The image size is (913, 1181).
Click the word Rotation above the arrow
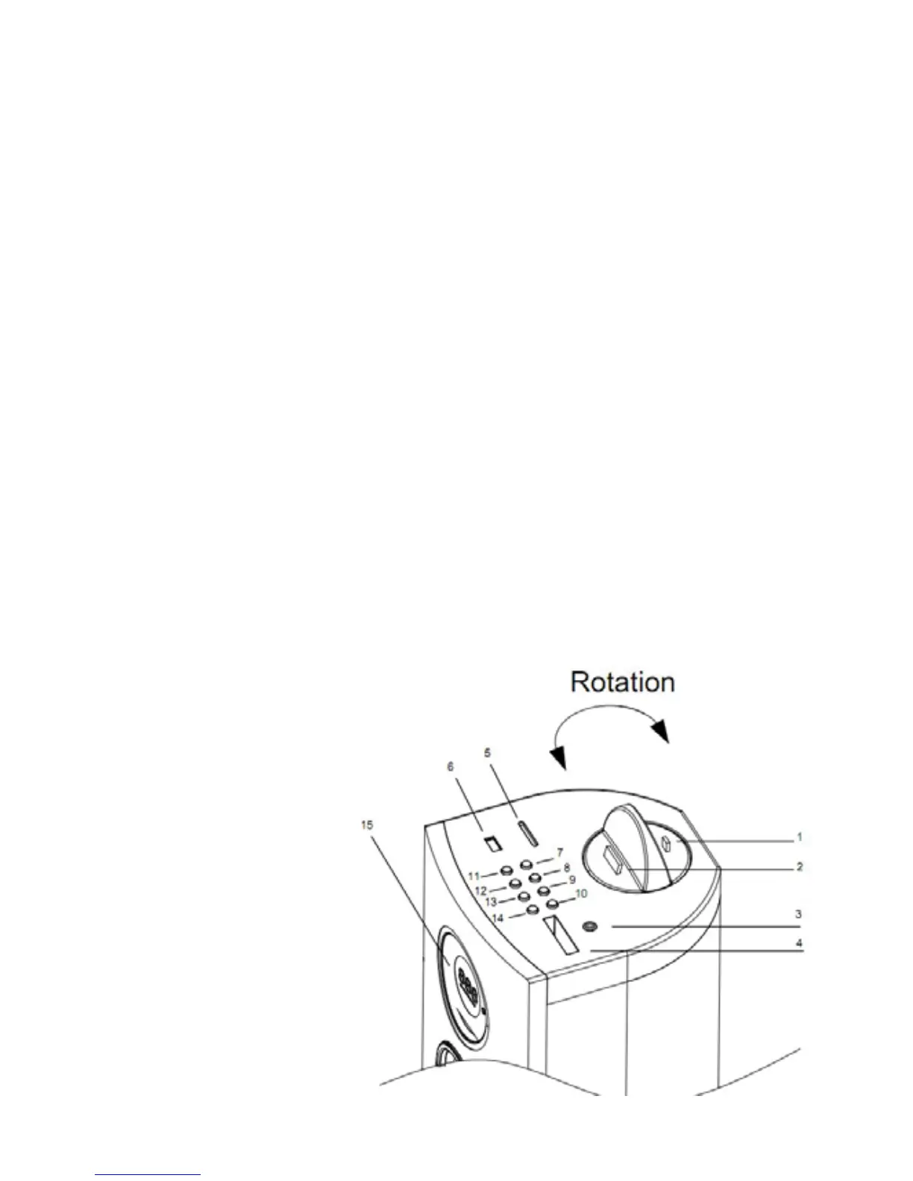pyautogui.click(x=623, y=682)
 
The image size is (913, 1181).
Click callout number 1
pyautogui.click(x=799, y=837)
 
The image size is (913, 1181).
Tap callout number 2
pyautogui.click(x=799, y=867)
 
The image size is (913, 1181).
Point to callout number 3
pyautogui.click(x=799, y=913)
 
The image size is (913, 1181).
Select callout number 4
pyautogui.click(x=799, y=943)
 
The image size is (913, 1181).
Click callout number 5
pyautogui.click(x=488, y=753)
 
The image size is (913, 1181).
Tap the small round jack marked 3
pyautogui.click(x=589, y=927)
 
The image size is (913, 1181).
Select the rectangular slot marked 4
pyautogui.click(x=561, y=936)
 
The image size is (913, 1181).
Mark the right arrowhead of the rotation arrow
pyautogui.click(x=661, y=734)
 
